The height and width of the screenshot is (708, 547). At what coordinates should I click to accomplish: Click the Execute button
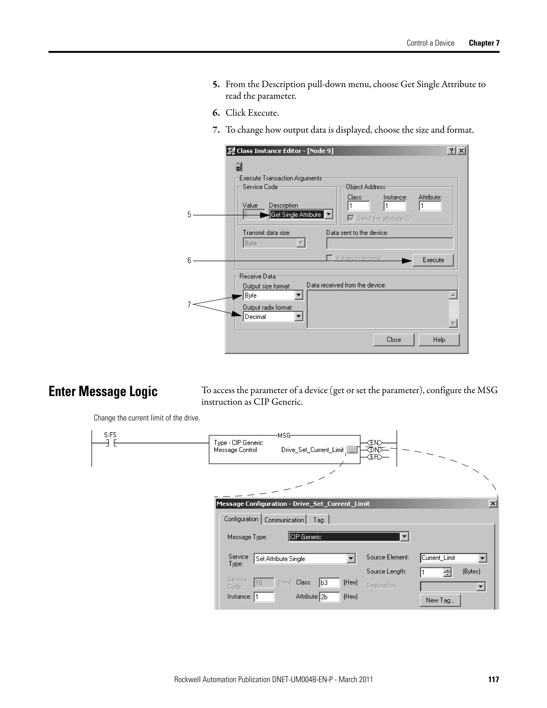(433, 260)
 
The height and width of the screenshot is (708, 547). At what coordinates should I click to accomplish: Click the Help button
(439, 340)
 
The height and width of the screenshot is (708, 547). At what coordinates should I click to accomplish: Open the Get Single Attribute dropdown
(329, 215)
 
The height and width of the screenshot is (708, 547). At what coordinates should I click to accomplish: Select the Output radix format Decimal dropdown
(273, 317)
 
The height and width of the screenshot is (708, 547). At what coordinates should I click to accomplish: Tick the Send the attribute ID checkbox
(351, 219)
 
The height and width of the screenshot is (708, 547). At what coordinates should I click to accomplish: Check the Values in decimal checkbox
(330, 258)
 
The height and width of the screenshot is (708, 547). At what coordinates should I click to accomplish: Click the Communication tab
(284, 520)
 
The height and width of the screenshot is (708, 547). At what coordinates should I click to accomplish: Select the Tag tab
(318, 520)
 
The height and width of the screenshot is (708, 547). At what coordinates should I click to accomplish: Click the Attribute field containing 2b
(329, 597)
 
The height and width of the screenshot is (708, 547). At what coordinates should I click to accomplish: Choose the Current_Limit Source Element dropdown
(453, 558)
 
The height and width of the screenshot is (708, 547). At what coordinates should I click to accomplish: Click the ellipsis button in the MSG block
(352, 450)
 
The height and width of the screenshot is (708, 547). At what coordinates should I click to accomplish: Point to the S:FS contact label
(110, 435)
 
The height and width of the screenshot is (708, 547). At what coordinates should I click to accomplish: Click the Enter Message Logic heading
(103, 391)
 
